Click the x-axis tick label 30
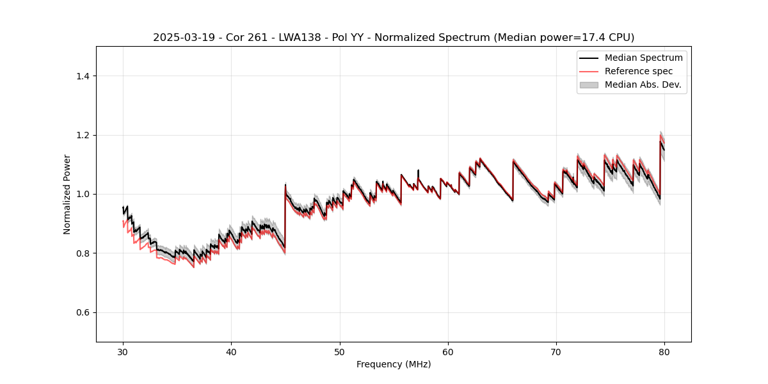124,351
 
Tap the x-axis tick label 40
232,351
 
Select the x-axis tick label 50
340,351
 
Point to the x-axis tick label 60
448,351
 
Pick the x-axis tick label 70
556,351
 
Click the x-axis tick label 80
664,351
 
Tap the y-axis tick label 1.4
83,76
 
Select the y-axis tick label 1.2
83,135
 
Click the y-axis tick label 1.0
83,194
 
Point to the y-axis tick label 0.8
83,253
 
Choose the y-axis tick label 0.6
83,312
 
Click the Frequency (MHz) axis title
394,364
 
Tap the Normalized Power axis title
67,194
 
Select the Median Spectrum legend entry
643,58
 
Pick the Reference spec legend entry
638,71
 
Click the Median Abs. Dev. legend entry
643,84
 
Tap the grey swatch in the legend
589,84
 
